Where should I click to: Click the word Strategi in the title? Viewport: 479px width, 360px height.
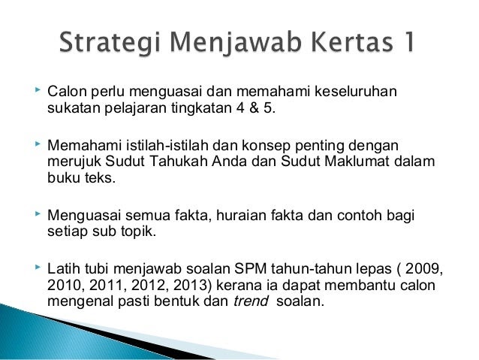coord(110,43)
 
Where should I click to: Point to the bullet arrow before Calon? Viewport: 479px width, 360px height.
coord(38,90)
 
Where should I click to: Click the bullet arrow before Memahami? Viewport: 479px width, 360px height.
coord(38,144)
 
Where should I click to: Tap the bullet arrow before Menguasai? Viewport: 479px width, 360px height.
coord(38,213)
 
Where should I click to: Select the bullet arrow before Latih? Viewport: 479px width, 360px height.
coord(38,267)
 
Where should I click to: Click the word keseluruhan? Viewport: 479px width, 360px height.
coord(356,92)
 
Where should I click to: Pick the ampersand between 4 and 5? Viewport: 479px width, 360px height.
coord(254,107)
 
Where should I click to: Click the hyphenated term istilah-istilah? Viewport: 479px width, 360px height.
coord(167,145)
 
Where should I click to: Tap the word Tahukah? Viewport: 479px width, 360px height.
coord(178,161)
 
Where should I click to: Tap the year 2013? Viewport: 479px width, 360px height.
coord(192,285)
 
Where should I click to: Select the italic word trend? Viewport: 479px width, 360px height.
coord(251,301)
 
